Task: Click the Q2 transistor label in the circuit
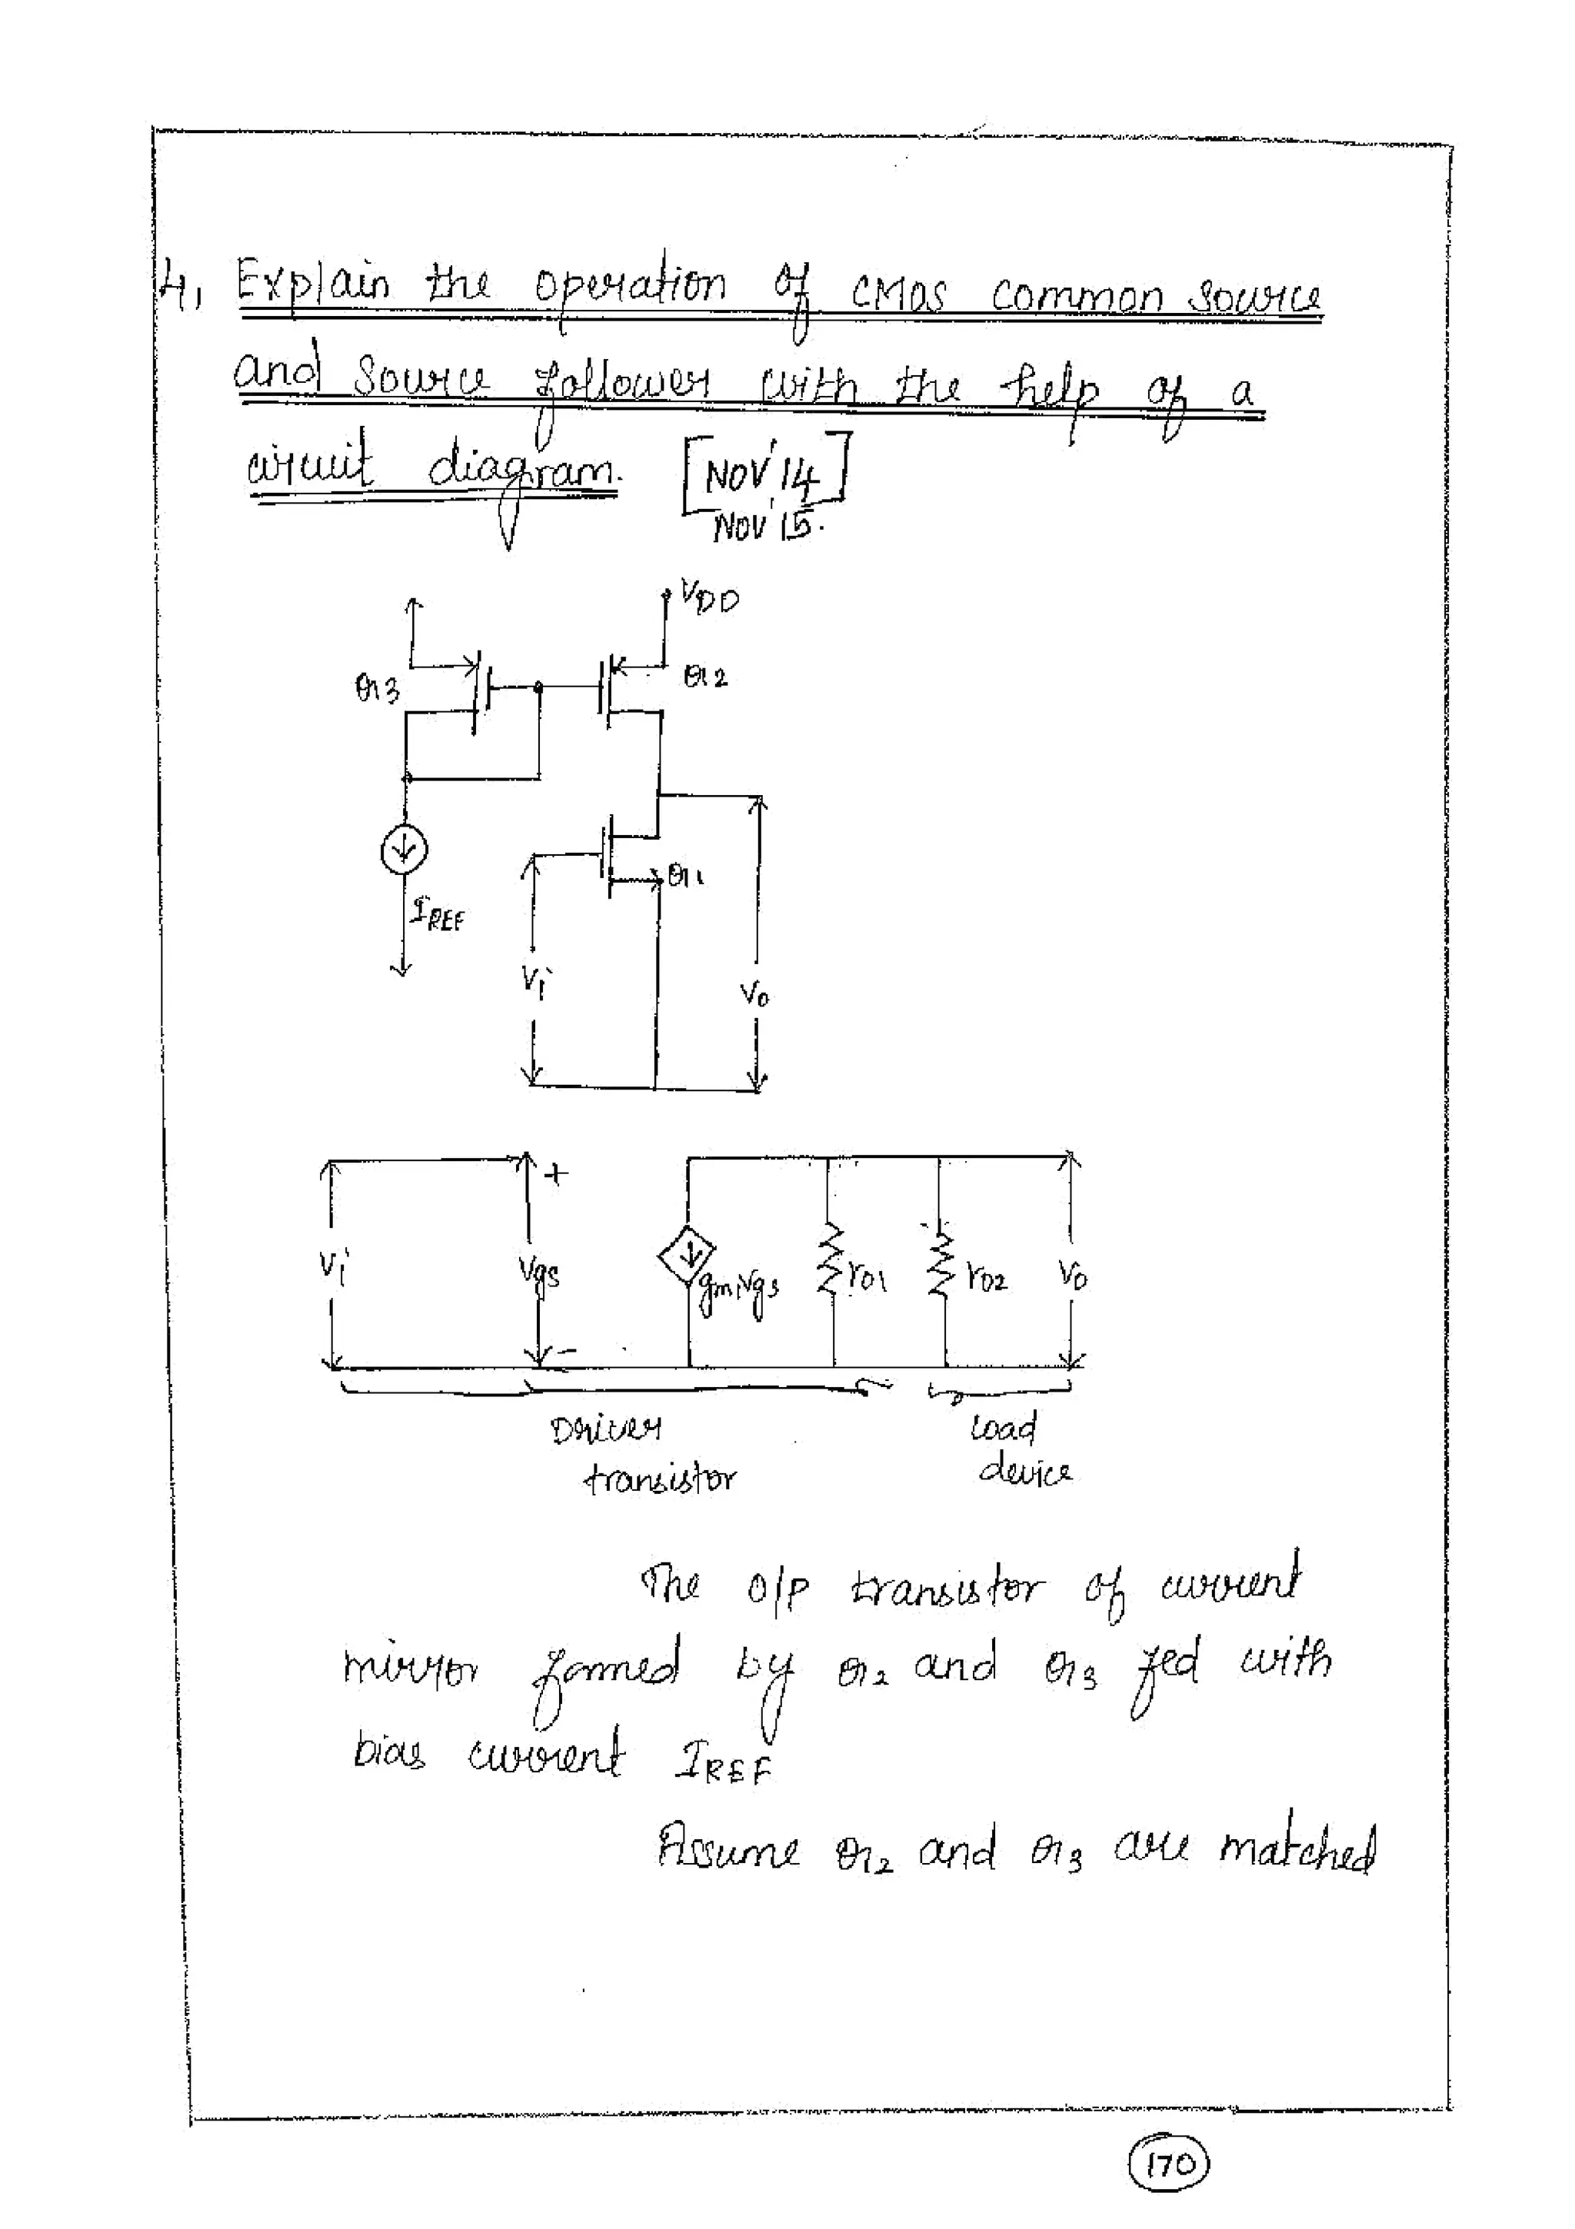coord(704,677)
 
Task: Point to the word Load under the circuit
coord(1003,1428)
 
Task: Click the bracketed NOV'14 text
coord(765,474)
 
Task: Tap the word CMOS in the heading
coord(897,293)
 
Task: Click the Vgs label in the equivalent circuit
coord(540,1274)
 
